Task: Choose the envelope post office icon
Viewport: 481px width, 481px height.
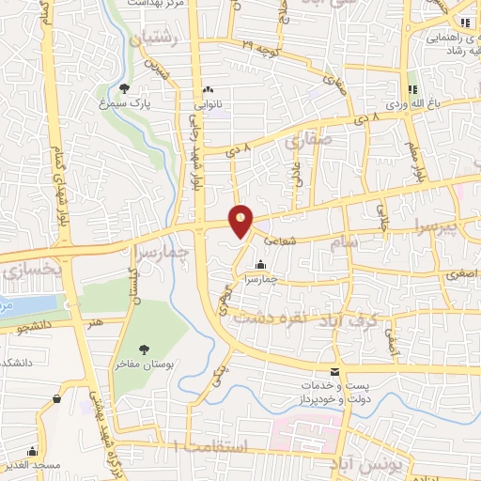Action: click(335, 373)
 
